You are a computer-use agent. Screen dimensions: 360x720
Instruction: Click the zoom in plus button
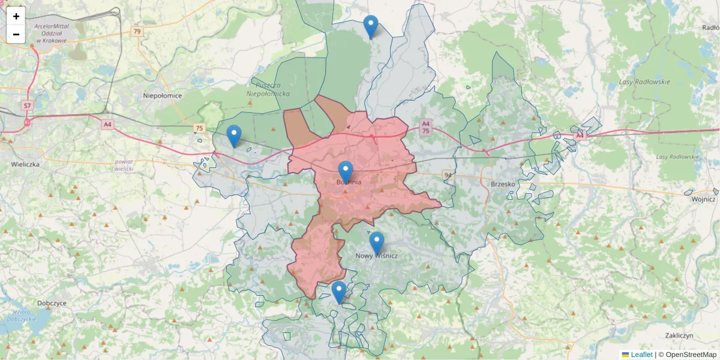point(16,16)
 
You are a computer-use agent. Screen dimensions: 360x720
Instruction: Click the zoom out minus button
point(16,34)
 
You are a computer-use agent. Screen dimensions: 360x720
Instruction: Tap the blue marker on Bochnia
point(346,172)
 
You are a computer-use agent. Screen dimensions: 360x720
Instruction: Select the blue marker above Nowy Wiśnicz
point(376,242)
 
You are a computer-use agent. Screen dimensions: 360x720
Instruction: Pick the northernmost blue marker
point(371,26)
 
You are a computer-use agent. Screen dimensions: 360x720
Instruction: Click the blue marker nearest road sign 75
point(234,136)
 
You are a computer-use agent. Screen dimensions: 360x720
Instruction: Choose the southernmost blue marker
point(339,292)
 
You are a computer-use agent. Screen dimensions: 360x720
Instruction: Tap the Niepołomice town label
point(163,95)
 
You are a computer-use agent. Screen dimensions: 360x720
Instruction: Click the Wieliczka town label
point(25,164)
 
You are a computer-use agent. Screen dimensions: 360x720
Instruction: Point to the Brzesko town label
point(503,184)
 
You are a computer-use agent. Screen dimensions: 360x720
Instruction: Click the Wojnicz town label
point(703,199)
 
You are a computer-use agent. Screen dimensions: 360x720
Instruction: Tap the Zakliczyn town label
point(680,335)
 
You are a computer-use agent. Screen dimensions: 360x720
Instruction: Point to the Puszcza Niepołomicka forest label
point(268,90)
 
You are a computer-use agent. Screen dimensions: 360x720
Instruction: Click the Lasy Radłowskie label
point(644,82)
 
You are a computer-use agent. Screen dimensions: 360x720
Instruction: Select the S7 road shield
point(27,106)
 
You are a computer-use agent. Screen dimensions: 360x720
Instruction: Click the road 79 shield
point(138,31)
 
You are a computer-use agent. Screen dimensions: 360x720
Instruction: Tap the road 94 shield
point(448,175)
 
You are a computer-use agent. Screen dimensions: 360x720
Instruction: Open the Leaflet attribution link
point(641,355)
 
